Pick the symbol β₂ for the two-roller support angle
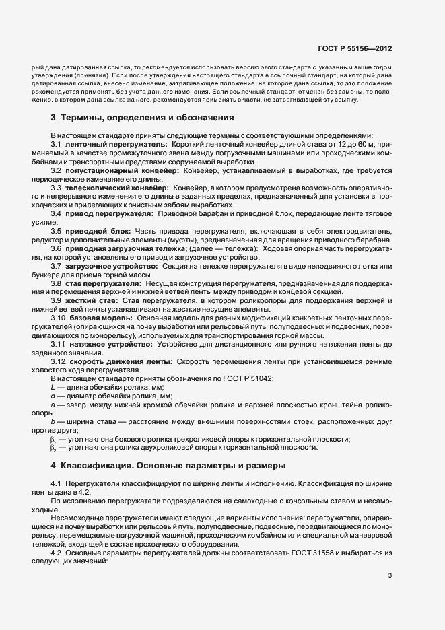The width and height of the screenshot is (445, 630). [x=53, y=448]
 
